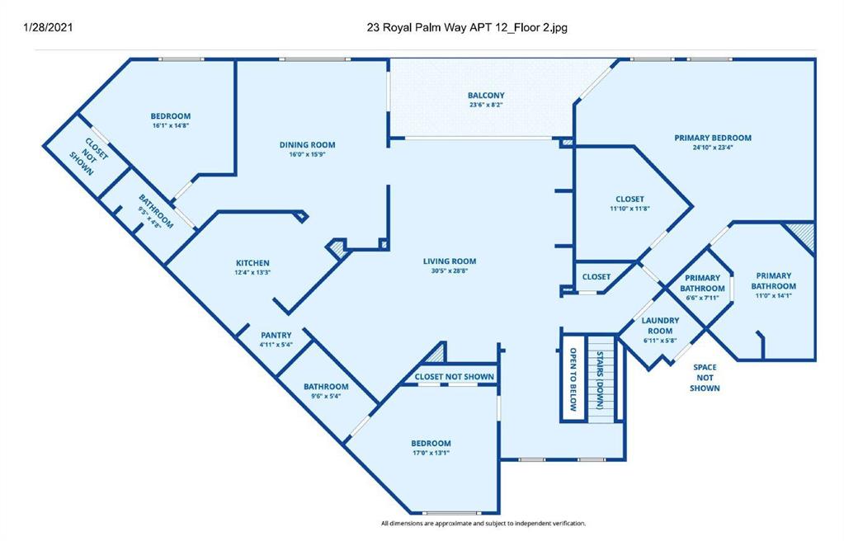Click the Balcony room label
[x=486, y=96]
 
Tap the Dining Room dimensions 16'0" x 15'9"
[x=308, y=154]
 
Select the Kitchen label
[x=252, y=263]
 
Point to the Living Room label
[x=450, y=261]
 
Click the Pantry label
[x=276, y=335]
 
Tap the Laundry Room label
[x=660, y=325]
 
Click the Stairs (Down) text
[x=600, y=379]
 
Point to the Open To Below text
[x=573, y=379]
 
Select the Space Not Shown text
[x=705, y=378]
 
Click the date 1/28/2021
[x=48, y=27]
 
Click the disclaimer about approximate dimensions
[x=483, y=523]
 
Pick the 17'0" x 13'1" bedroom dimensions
[x=431, y=454]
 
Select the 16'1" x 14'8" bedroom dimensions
[x=170, y=125]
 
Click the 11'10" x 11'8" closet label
[x=629, y=204]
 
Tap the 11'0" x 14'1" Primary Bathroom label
[x=774, y=285]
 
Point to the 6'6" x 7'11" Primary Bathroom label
[x=702, y=288]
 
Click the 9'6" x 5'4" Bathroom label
[x=326, y=390]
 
